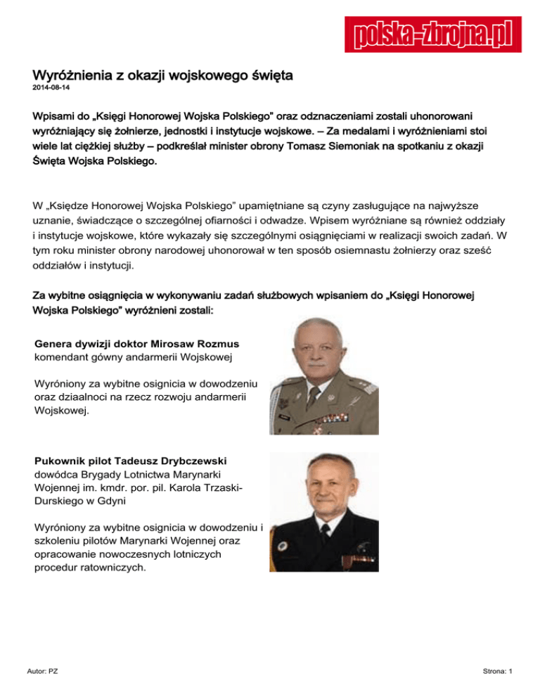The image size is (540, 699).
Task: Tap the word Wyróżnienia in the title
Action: [x=72, y=75]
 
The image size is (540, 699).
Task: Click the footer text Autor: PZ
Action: [x=42, y=672]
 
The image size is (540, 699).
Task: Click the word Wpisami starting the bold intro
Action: [x=56, y=114]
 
